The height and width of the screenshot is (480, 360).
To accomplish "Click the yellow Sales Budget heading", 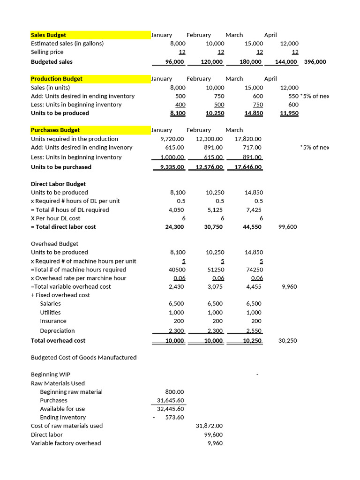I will click(48, 35).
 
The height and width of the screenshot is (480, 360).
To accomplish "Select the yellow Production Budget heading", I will click(56, 79).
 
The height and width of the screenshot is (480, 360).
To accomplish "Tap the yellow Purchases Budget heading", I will click(55, 130).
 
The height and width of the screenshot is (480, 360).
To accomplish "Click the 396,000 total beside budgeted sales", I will click(315, 62).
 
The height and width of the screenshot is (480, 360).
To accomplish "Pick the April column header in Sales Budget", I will click(270, 35).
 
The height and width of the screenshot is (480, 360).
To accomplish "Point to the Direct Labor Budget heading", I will click(58, 184).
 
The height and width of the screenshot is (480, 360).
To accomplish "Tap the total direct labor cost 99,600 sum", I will click(287, 227).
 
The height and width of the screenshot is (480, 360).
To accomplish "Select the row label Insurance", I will click(53, 321).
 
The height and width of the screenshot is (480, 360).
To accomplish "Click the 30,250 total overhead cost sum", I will click(287, 341).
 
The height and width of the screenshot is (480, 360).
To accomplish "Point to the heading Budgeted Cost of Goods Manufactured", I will click(83, 358).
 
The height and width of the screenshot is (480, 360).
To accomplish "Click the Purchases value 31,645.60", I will click(171, 400).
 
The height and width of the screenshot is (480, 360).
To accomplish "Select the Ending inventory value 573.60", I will click(174, 417).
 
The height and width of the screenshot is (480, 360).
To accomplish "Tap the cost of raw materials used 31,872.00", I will click(209, 426).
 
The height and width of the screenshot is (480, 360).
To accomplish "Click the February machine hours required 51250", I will click(215, 270).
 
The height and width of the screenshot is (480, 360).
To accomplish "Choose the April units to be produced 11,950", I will click(289, 113).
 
